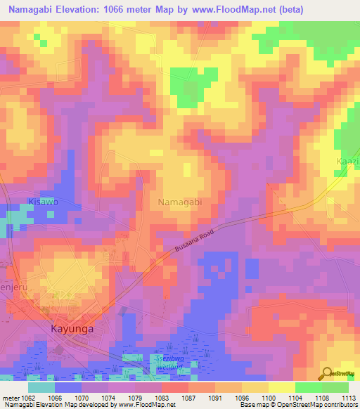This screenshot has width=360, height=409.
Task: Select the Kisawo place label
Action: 42,202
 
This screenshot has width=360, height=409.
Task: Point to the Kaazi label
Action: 347,162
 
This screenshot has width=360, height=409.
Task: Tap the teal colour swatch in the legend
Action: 41,387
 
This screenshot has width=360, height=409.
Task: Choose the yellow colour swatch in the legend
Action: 282,387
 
